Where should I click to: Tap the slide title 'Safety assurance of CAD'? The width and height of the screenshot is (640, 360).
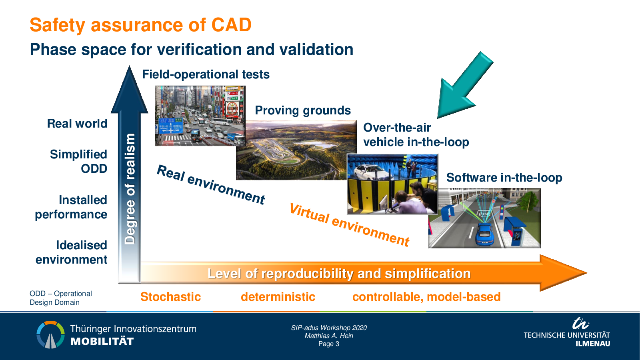[140, 25]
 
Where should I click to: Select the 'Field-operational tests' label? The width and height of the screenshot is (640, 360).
[206, 74]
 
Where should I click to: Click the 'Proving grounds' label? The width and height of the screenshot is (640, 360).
[303, 110]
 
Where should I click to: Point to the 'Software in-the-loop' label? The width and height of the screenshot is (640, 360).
[504, 178]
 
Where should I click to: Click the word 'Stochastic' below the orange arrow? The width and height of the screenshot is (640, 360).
[170, 297]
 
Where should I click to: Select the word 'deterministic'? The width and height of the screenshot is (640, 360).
[278, 297]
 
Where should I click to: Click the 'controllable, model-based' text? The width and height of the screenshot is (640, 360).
[426, 297]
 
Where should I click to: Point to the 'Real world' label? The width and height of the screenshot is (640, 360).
[77, 124]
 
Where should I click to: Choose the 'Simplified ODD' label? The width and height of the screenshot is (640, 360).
[78, 162]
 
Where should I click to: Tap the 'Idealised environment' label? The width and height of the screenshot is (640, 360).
[72, 252]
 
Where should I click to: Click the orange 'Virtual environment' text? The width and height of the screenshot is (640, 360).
[350, 225]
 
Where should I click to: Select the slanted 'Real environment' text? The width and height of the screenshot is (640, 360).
[211, 185]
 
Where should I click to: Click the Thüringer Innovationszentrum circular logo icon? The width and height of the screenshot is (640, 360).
[50, 334]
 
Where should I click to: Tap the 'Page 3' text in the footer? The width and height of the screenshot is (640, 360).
[329, 344]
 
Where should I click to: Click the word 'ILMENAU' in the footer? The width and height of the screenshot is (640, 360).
[593, 344]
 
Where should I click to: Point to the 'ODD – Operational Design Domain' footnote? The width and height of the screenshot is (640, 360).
[61, 298]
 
